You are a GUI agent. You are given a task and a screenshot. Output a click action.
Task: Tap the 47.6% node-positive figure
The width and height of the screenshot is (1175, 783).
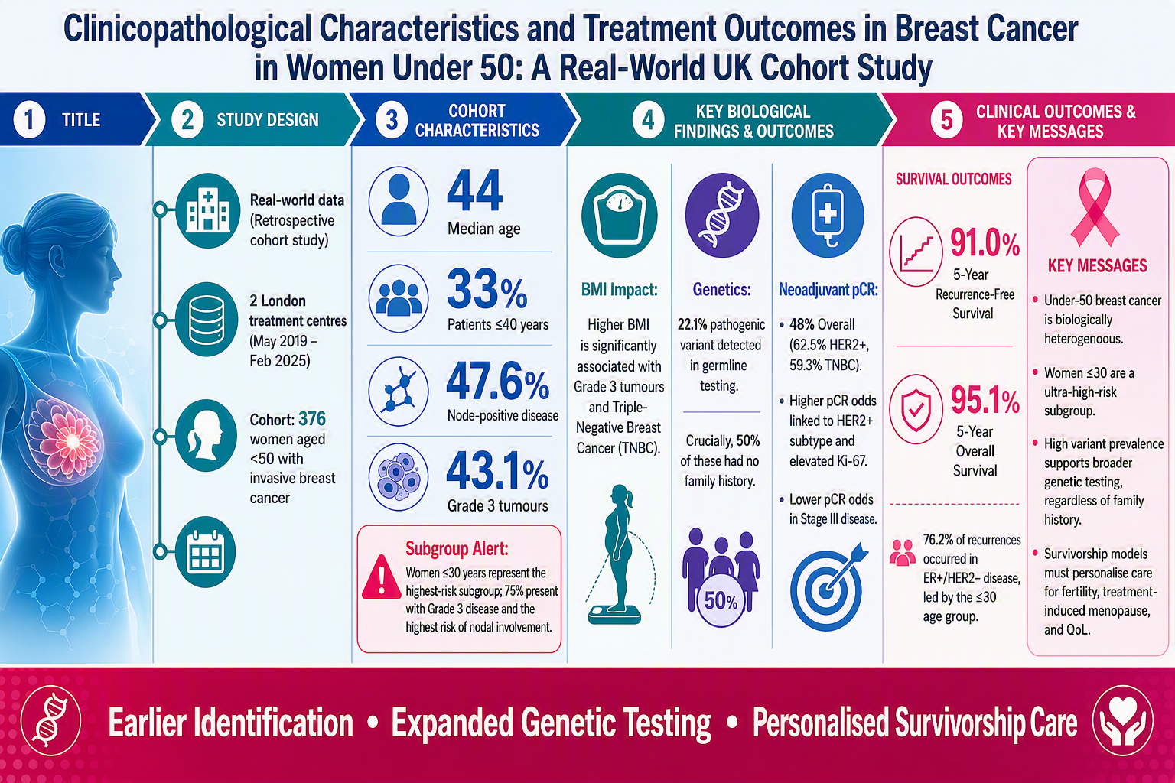point(497,382)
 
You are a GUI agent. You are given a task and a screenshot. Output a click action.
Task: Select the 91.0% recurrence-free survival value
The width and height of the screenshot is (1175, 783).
point(985,243)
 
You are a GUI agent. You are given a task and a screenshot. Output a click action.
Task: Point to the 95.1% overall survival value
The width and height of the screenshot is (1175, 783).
point(985,400)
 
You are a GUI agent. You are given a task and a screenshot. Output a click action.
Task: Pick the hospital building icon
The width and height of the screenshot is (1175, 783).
point(208,211)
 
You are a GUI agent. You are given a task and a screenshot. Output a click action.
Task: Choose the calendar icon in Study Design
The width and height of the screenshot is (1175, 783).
point(205,552)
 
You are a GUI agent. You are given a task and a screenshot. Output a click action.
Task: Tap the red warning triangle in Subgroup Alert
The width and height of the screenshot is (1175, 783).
point(382,577)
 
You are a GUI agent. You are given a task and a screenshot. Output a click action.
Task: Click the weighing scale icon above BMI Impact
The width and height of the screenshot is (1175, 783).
point(620,215)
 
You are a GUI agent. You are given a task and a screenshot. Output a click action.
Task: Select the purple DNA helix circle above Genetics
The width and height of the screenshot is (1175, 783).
point(722,215)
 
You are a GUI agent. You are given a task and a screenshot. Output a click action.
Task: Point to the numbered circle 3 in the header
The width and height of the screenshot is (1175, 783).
point(392,120)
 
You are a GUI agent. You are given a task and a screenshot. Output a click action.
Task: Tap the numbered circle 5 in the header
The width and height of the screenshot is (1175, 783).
point(946,120)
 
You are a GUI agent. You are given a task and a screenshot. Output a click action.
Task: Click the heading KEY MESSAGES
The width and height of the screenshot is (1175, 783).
point(1098,266)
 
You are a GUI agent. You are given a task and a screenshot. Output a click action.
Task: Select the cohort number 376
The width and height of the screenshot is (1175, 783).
point(312,419)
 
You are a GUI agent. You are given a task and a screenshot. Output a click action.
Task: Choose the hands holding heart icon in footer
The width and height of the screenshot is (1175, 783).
point(1122,720)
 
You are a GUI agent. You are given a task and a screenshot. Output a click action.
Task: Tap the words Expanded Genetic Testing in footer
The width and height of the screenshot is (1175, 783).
point(551,723)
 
